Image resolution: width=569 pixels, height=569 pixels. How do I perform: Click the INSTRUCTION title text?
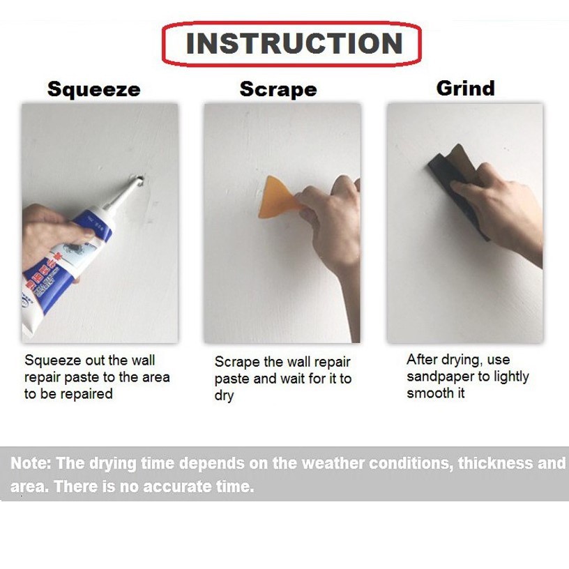tap(294, 43)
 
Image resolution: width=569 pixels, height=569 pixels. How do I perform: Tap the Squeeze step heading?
tap(94, 89)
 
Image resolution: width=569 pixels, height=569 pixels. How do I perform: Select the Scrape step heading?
tap(278, 89)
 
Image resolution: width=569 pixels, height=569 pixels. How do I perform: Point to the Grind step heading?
tap(465, 88)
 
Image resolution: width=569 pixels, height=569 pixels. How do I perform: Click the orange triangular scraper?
tap(278, 198)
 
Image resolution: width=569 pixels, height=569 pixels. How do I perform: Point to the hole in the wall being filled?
tap(140, 180)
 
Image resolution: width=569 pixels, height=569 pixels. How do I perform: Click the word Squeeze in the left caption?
tap(53, 361)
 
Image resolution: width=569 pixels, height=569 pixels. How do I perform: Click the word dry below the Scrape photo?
tap(225, 396)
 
